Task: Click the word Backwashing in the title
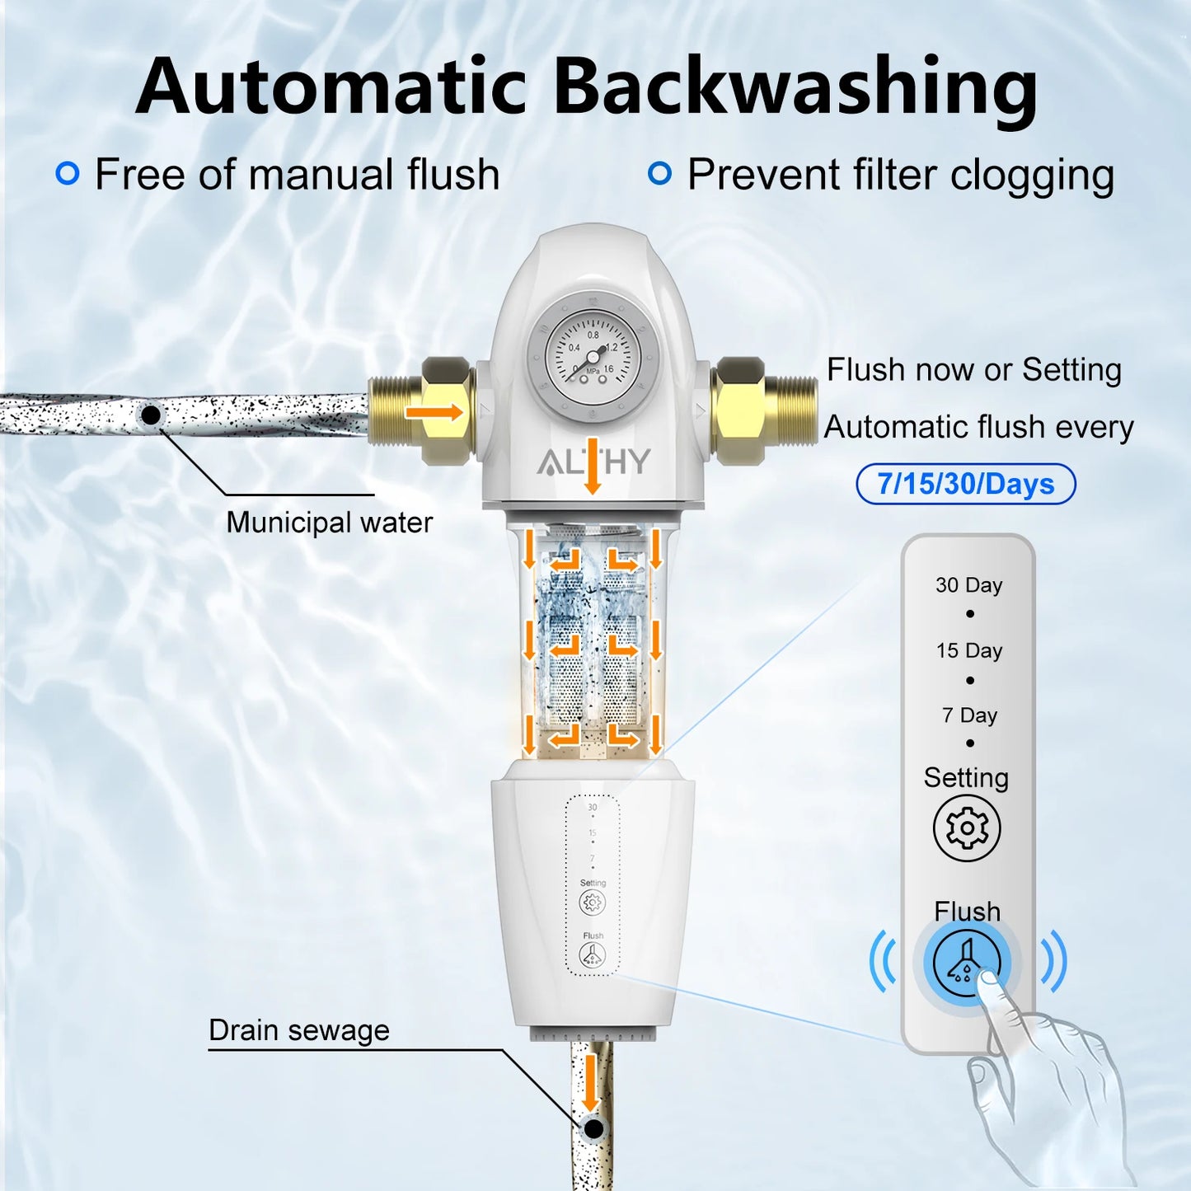point(795,87)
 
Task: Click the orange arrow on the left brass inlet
point(434,411)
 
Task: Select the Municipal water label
point(329,523)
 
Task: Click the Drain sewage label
point(298,1030)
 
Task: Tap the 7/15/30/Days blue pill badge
point(966,484)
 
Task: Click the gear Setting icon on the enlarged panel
point(967,828)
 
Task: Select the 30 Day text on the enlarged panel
point(968,585)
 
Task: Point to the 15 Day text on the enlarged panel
point(968,650)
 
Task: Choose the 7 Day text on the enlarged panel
point(969,715)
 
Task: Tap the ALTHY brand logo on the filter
point(593,462)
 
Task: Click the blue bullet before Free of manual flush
point(68,173)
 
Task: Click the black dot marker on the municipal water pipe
point(151,415)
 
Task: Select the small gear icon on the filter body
point(592,903)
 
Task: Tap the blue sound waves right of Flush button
point(1053,961)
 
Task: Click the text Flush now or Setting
point(973,370)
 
